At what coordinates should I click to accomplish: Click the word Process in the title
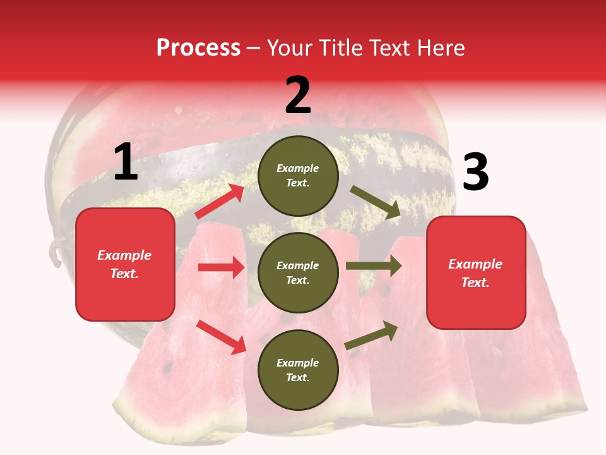pos(198,48)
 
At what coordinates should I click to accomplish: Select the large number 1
pos(126,163)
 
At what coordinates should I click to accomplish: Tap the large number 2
pos(298,95)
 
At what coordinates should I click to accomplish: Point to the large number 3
pos(475,173)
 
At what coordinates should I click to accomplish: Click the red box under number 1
pos(125,264)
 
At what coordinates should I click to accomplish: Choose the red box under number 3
pos(476,272)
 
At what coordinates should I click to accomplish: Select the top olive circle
pos(298,176)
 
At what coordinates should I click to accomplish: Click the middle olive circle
pos(298,272)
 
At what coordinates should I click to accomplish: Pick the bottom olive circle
pos(298,370)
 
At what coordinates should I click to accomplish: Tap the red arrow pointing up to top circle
pos(220,202)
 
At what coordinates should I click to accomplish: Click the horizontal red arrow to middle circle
pos(221,267)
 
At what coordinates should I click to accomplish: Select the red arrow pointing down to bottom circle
pos(221,337)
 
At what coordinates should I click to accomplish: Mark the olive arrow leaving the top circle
pos(376,202)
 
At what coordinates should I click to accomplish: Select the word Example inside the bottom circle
pos(298,363)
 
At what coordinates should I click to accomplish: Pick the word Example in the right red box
pos(475,264)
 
